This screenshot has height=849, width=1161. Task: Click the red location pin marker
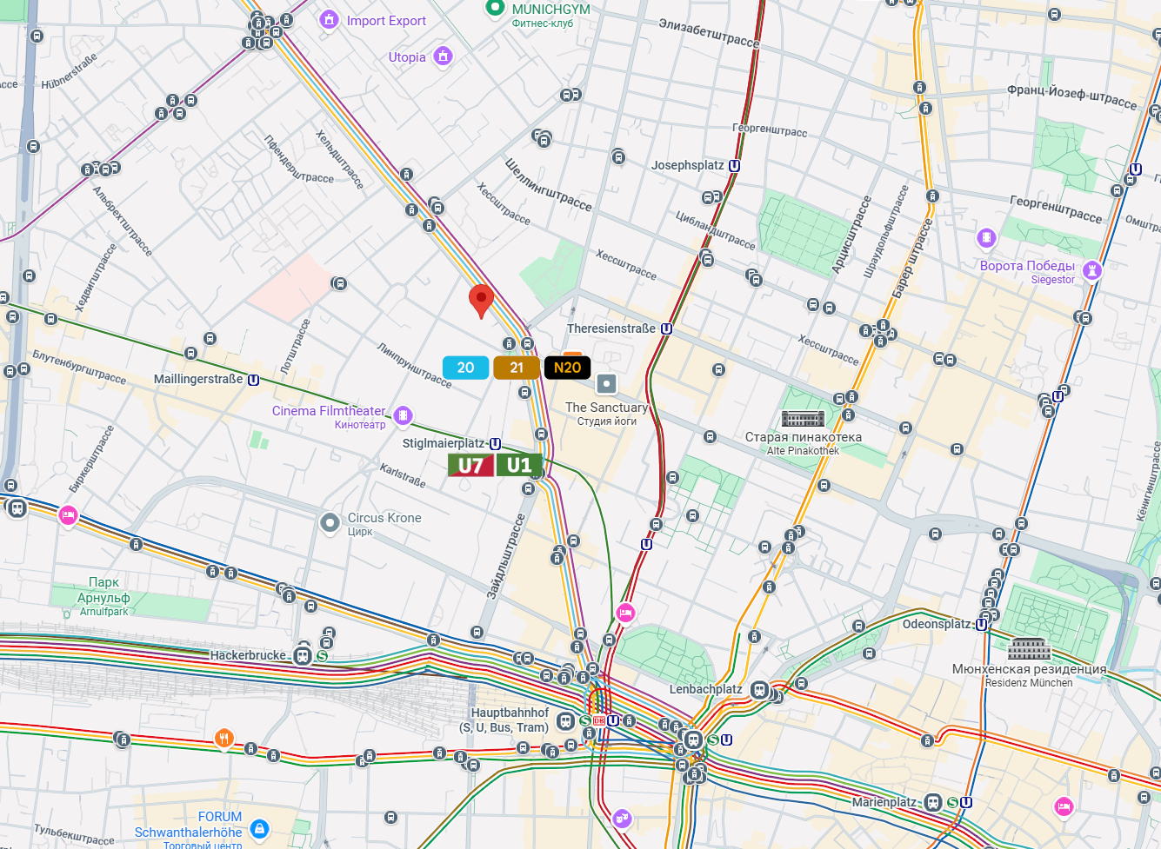(481, 301)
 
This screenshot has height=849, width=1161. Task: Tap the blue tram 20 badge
(465, 368)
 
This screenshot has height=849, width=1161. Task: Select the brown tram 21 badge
(517, 368)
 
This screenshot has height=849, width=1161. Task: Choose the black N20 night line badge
(567, 368)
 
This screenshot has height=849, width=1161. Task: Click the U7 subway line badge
(470, 466)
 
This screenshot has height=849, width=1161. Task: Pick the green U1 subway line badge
(519, 466)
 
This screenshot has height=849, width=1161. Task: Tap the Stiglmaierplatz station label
(444, 443)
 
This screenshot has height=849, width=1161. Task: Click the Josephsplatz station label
(688, 165)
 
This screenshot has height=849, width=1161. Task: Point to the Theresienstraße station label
(611, 328)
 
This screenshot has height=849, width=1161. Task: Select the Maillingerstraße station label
(198, 379)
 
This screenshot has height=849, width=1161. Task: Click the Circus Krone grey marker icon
(330, 522)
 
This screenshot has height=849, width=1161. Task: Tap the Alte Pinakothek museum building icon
(803, 419)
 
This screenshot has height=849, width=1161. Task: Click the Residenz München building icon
(1029, 650)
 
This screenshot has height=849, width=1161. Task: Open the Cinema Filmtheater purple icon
(403, 415)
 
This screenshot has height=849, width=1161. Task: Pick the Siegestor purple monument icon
(1092, 270)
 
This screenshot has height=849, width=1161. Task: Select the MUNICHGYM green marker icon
(495, 8)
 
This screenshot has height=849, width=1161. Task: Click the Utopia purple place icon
(444, 56)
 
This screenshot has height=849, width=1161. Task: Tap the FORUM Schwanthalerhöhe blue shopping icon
(259, 828)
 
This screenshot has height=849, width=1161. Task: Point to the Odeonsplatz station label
(937, 624)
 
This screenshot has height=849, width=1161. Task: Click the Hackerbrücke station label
(248, 655)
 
